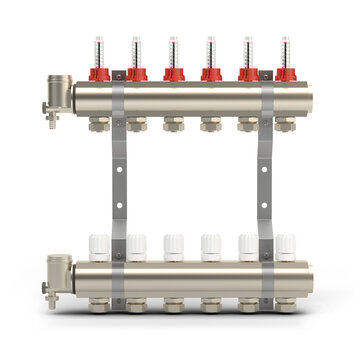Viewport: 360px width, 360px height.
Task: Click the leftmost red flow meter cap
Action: coord(99,73)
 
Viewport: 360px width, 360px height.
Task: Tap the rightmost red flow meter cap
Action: coord(286,73)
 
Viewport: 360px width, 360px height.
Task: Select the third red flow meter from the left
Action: coord(174,73)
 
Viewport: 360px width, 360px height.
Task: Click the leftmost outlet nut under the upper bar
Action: coord(100,125)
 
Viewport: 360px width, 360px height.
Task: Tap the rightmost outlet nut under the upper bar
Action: coord(286,125)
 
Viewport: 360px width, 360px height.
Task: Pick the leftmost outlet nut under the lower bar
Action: coord(100,302)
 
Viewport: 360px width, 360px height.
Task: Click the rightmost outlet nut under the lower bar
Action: coord(286,302)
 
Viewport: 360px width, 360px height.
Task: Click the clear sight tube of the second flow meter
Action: coord(136,50)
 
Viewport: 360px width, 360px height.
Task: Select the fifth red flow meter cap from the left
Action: coord(248,73)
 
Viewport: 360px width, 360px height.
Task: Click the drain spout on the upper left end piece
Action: coord(49,114)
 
